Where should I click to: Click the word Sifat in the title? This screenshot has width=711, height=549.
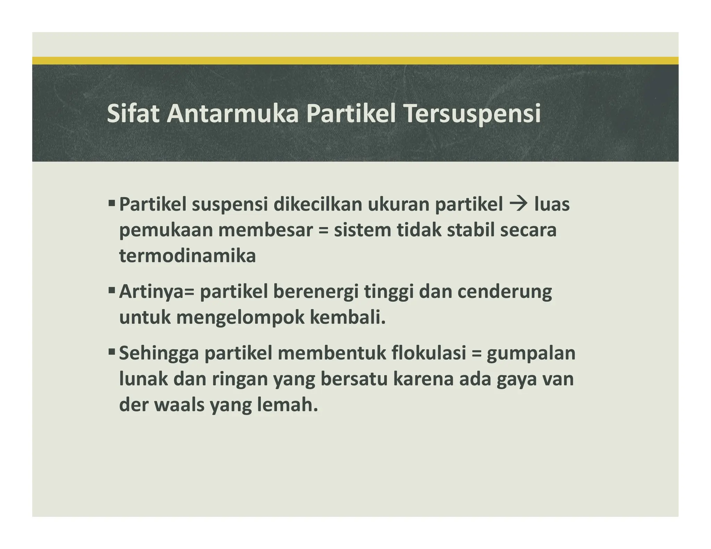pos(133,113)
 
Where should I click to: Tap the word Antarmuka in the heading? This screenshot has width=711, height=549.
pos(232,113)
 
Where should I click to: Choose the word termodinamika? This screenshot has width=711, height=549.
pos(187,256)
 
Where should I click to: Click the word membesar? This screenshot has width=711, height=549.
pos(266,230)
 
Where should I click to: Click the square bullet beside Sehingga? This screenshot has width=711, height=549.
pos(112,352)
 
